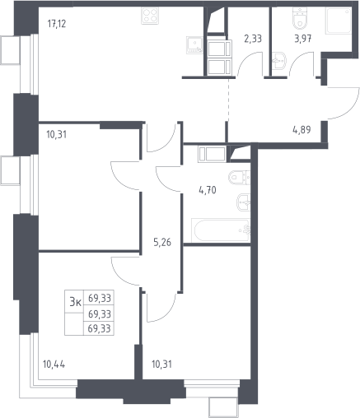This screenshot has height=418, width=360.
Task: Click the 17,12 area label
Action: click(57, 24)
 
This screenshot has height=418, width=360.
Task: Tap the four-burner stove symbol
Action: click(150, 16)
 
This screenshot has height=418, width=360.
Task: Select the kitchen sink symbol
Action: click(194, 45)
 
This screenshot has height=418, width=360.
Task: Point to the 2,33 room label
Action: click(253, 39)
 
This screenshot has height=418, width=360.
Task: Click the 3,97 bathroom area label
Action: click(303, 39)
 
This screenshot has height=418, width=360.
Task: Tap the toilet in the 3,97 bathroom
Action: click(300, 18)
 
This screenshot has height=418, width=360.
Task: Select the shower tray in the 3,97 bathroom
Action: click(339, 21)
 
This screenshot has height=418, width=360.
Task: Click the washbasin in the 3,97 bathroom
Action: click(279, 61)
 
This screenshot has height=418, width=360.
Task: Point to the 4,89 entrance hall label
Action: click(302, 129)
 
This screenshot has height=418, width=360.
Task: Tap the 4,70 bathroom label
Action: click(208, 189)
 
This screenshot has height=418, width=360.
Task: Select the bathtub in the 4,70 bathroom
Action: click(221, 230)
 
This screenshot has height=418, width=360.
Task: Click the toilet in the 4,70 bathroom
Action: click(239, 178)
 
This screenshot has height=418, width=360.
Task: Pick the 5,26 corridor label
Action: click(162, 242)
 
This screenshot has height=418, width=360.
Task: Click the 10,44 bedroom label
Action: click(54, 365)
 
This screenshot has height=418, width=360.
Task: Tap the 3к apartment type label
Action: click(75, 302)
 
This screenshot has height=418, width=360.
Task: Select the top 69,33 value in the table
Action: click(100, 298)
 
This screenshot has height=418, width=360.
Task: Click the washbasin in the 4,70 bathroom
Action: click(243, 202)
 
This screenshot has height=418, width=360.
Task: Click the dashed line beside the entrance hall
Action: click(229, 100)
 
